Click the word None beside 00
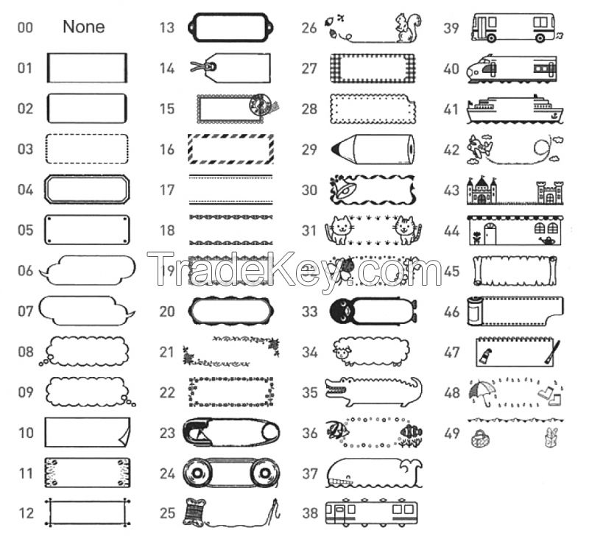tap(83, 27)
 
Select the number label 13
tap(167, 28)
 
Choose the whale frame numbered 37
tap(372, 473)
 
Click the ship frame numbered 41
tap(514, 108)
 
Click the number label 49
tap(452, 434)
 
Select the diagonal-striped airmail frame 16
tap(231, 149)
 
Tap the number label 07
tap(26, 311)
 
